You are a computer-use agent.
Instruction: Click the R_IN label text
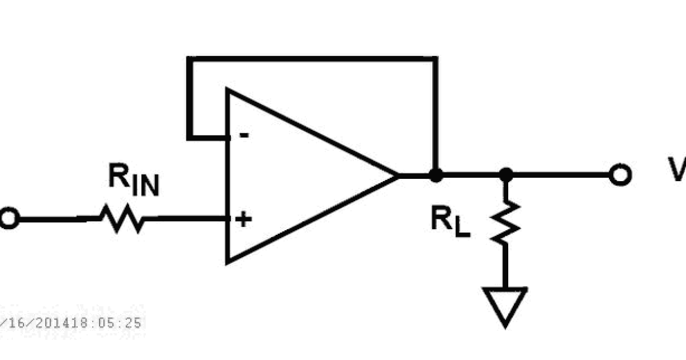(133, 182)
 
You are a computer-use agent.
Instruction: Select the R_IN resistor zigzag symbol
(121, 218)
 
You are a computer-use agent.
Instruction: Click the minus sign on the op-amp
(244, 135)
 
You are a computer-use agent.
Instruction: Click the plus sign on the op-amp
(244, 219)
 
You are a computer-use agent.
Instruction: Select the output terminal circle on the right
(619, 175)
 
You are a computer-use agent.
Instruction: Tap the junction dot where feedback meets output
(436, 175)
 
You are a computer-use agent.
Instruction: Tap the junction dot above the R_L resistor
(505, 175)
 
